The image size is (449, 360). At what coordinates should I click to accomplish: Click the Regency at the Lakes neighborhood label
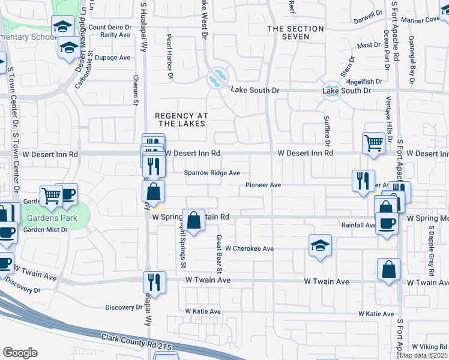[x=180, y=119]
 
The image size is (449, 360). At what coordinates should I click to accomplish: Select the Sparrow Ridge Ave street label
[x=212, y=173]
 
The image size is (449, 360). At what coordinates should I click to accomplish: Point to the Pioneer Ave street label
[x=263, y=185]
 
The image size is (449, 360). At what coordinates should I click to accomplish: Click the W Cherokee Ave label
[x=244, y=248]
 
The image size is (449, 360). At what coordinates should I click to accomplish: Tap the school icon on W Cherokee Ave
[x=320, y=245]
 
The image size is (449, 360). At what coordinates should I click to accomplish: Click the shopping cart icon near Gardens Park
[x=51, y=194]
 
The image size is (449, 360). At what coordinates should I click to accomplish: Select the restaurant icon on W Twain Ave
[x=154, y=281]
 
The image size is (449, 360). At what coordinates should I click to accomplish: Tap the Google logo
[x=19, y=353]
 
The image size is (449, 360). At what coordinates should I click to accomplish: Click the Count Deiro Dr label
[x=110, y=27]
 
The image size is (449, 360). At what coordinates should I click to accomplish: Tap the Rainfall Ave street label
[x=359, y=226]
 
